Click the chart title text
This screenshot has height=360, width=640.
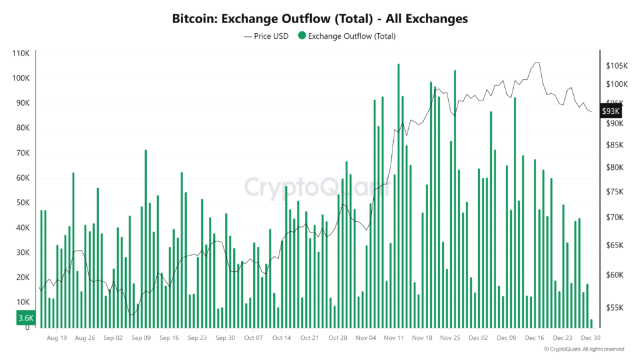[x=319, y=19]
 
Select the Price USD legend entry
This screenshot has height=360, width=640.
[x=267, y=36]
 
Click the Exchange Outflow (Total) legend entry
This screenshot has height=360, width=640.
[x=347, y=36]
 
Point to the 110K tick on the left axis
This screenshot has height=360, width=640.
[x=21, y=53]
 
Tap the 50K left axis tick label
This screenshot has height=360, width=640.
[x=22, y=203]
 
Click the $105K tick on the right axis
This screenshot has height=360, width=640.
[x=616, y=66]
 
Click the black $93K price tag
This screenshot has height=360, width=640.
[x=610, y=111]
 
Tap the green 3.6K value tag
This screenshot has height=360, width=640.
[x=26, y=318]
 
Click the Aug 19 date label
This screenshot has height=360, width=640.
[x=56, y=338]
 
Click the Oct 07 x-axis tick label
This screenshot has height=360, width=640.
[x=254, y=338]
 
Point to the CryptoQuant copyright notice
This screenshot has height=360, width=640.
[x=584, y=349]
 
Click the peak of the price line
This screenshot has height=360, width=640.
[x=536, y=62]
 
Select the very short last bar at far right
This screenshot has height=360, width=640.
[x=591, y=324]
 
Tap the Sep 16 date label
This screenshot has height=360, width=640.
[x=169, y=338]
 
